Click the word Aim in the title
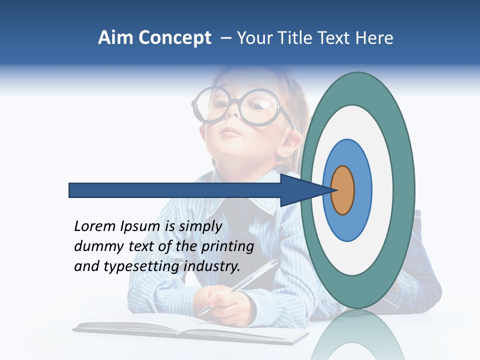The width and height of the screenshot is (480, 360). [x=115, y=38]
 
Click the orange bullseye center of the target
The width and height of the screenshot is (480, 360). [x=342, y=190]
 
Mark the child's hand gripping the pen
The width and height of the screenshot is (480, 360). [x=227, y=305]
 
